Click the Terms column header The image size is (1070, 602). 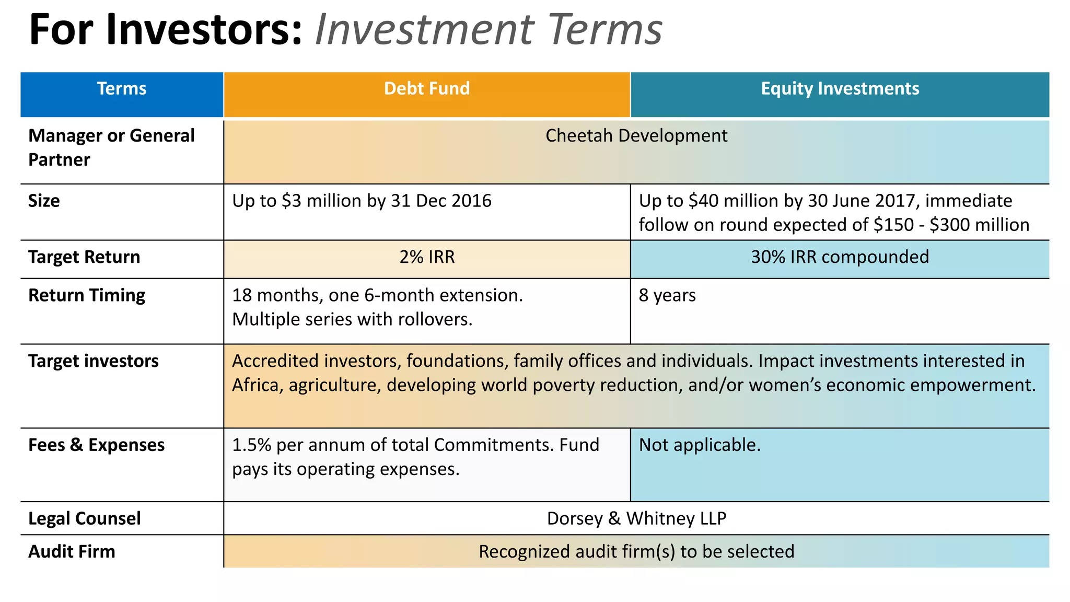coord(122,89)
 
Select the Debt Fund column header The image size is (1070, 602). coord(427,89)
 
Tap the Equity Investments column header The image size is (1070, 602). coord(840,89)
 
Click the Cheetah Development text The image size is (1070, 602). coord(636,136)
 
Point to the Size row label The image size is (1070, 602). coord(44,201)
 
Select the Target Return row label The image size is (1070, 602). coord(84,257)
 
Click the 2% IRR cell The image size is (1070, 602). coord(427,257)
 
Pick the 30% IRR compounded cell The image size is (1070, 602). coord(840,257)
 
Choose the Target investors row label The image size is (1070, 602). coord(94,361)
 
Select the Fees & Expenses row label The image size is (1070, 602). coord(97,445)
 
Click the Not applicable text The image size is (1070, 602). coord(700,445)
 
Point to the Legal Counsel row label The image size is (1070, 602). coord(85,518)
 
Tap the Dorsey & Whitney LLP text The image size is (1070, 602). coord(636,518)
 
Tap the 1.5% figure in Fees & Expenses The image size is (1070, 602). coord(251,445)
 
